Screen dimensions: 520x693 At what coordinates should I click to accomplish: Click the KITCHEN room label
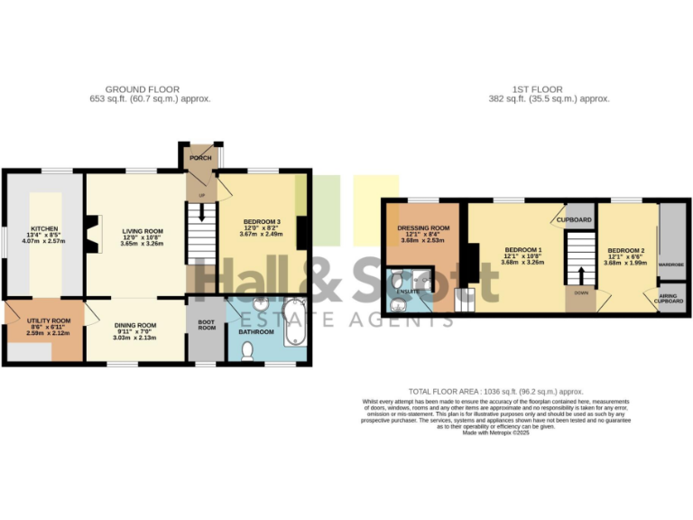click(x=43, y=228)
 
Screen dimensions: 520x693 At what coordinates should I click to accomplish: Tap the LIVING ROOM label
click(x=142, y=231)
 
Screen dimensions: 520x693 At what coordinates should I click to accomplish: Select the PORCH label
click(x=200, y=158)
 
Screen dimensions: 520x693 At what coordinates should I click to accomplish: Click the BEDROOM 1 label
click(x=523, y=249)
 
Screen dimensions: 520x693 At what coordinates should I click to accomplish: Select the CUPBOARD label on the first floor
click(x=574, y=219)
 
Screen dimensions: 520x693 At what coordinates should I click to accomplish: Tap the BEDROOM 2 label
click(x=625, y=250)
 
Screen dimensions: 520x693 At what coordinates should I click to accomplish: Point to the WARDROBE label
click(x=670, y=265)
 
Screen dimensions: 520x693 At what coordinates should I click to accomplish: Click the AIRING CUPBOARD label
click(x=670, y=299)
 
